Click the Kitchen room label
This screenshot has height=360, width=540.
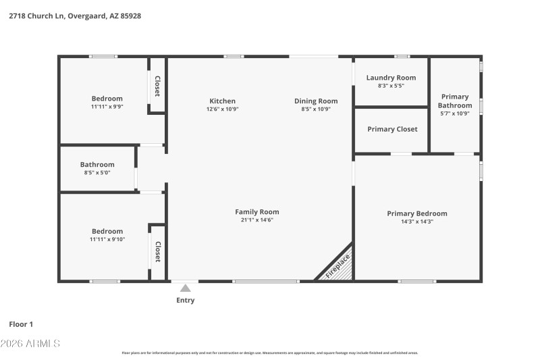tap(222, 101)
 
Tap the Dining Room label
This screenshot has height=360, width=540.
tap(316, 101)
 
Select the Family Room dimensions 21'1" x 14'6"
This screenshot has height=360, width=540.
tap(256, 220)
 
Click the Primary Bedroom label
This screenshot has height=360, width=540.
tap(416, 213)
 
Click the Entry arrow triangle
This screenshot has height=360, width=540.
tap(185, 288)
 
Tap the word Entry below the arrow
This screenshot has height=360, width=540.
tap(185, 301)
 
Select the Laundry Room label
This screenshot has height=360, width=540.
tap(391, 78)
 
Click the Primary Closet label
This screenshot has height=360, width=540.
tap(392, 129)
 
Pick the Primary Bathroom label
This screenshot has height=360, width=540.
tap(455, 101)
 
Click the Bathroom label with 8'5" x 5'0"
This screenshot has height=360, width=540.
tap(97, 164)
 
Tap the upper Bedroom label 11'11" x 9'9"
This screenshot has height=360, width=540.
tap(107, 99)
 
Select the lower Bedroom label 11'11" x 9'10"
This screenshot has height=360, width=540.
tap(107, 231)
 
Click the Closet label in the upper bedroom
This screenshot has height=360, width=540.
tap(157, 86)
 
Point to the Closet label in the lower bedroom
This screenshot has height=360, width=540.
tap(157, 252)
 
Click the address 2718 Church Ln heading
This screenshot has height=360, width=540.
tap(74, 15)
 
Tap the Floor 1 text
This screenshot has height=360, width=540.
tap(21, 324)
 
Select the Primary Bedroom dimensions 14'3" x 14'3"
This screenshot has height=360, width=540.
tap(416, 222)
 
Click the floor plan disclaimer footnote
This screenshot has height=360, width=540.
tap(269, 353)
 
